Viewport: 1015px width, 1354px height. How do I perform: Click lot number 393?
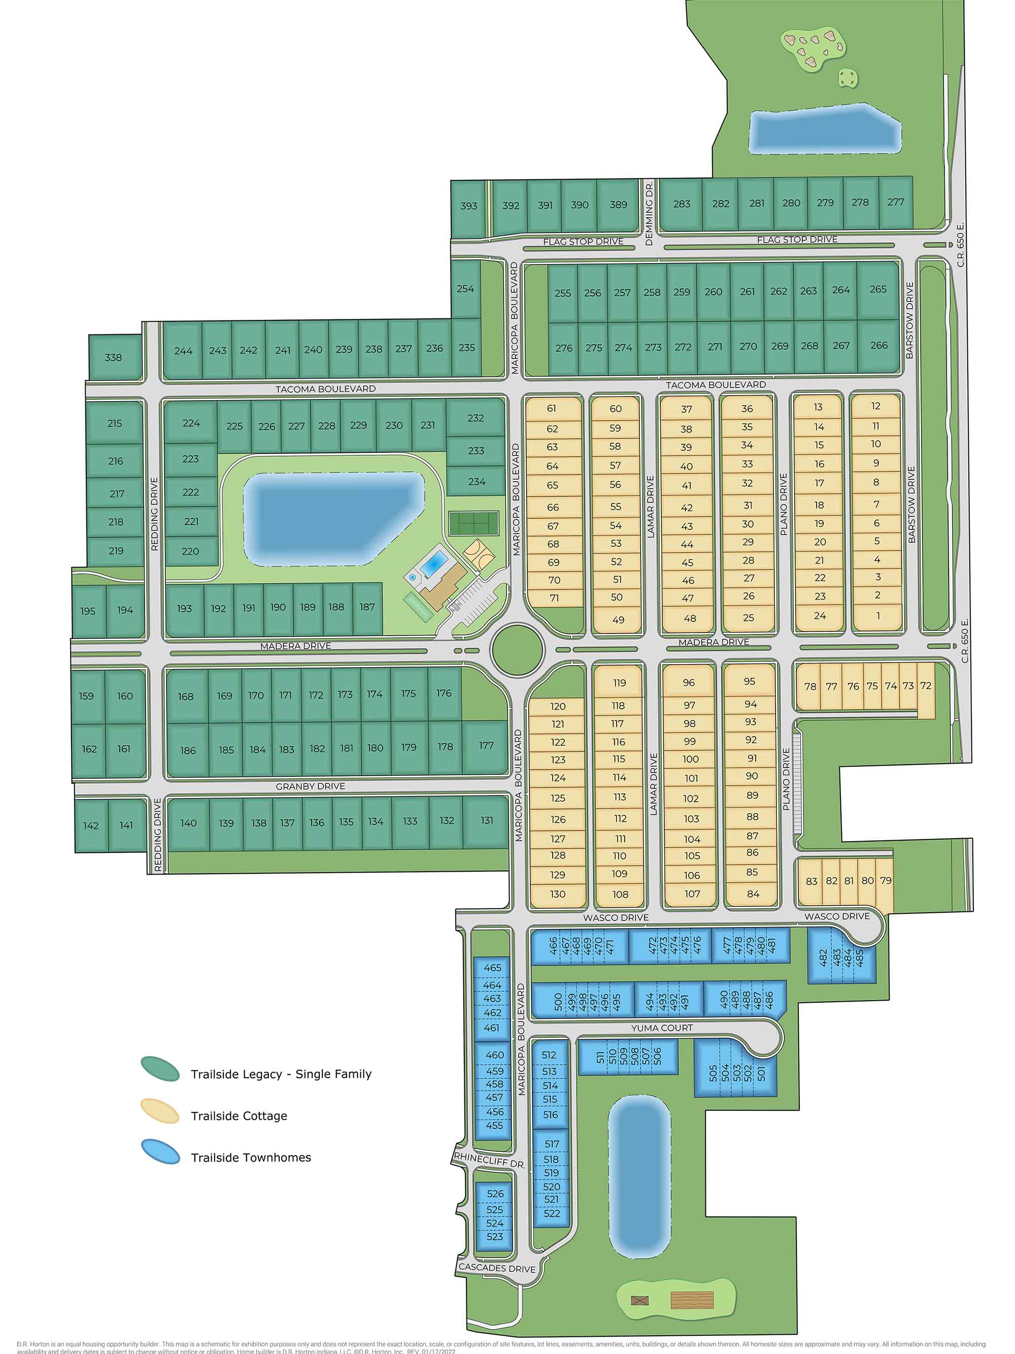pyautogui.click(x=468, y=206)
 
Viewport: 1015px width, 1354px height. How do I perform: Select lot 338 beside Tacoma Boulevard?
pyautogui.click(x=113, y=357)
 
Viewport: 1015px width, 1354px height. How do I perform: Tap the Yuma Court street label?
pyautogui.click(x=662, y=1028)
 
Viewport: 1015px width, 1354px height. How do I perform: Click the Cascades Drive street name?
pyautogui.click(x=497, y=1268)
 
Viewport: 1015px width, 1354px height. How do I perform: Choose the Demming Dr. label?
pyautogui.click(x=649, y=214)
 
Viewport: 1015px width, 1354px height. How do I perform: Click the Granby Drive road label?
pyautogui.click(x=310, y=786)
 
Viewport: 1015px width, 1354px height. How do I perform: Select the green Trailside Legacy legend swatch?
pyautogui.click(x=160, y=1069)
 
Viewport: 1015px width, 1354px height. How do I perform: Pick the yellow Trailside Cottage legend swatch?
pyautogui.click(x=160, y=1111)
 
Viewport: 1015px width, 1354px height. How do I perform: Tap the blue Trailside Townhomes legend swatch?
pyautogui.click(x=160, y=1151)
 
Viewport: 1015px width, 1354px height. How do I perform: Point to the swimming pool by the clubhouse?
pyautogui.click(x=434, y=563)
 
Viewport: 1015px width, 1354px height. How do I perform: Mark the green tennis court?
pyautogui.click(x=473, y=523)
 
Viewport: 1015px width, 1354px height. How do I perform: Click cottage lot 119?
pyautogui.click(x=619, y=682)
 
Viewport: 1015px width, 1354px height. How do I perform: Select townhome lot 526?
pyautogui.click(x=495, y=1193)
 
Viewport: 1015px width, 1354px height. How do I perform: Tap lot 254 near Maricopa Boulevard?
pyautogui.click(x=465, y=288)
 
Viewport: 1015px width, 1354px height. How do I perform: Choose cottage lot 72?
pyautogui.click(x=926, y=685)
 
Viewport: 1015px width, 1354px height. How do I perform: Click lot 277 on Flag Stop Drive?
pyautogui.click(x=896, y=202)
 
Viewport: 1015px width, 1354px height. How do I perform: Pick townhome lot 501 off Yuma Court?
pyautogui.click(x=761, y=1073)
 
